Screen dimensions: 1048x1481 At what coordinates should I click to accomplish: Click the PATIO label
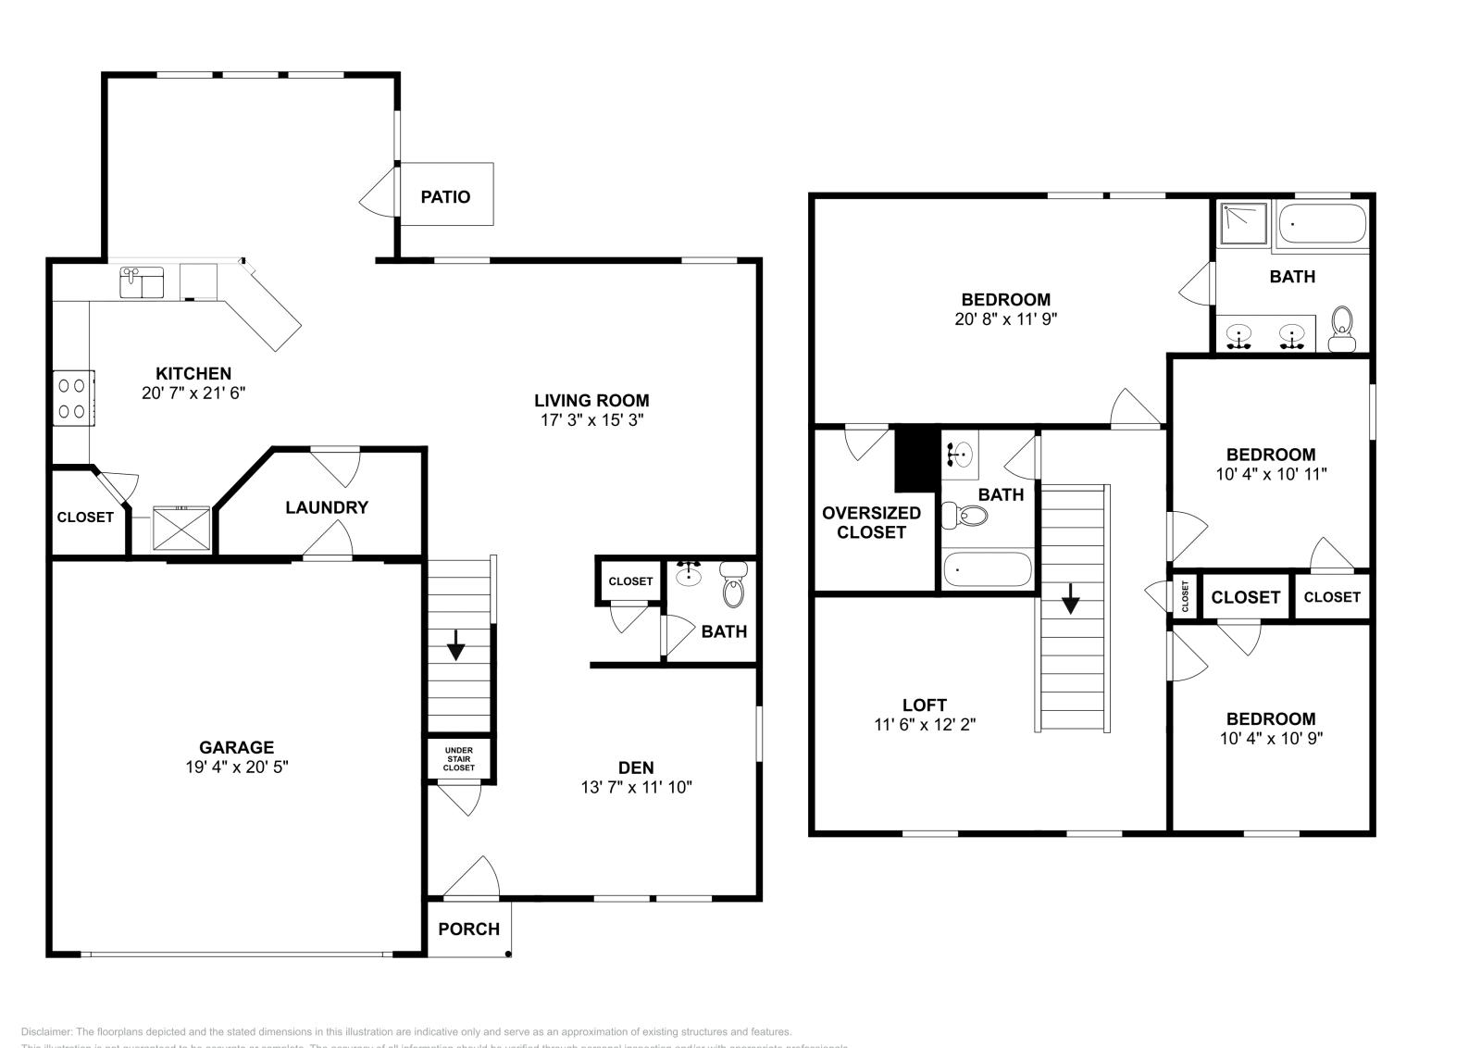[445, 196]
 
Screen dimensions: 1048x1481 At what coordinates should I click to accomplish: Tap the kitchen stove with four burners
[73, 397]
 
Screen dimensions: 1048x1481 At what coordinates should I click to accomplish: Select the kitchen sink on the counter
[141, 282]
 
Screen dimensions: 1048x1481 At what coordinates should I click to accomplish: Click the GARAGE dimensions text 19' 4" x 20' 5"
[237, 767]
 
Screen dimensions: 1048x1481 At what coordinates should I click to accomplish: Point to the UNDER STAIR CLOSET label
[459, 759]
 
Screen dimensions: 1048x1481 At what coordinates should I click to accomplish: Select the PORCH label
[468, 929]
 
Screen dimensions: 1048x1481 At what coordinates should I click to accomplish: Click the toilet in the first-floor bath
[733, 585]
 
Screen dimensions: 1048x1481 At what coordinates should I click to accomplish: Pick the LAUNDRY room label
[326, 507]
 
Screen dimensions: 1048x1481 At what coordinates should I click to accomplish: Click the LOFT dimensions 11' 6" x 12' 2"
[925, 725]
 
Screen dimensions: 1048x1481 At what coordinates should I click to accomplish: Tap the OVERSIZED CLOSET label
[871, 522]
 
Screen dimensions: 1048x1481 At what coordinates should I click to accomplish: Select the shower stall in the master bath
[1243, 224]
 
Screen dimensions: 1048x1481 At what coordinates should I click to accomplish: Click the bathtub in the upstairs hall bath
[986, 570]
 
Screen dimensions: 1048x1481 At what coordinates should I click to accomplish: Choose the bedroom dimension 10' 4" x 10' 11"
[1271, 474]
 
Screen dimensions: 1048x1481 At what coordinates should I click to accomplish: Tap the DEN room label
[636, 767]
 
